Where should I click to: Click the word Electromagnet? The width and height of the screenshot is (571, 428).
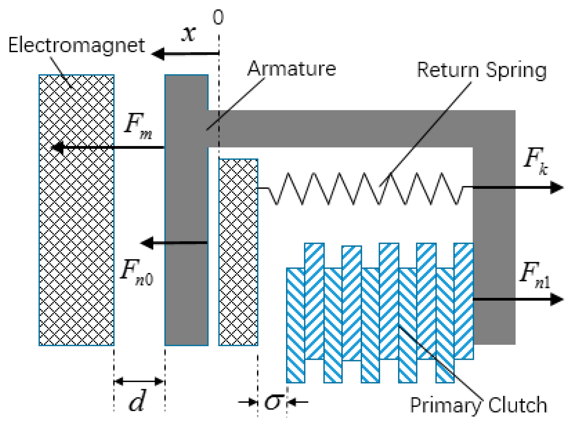[76, 45]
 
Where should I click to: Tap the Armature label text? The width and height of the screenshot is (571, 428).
[292, 69]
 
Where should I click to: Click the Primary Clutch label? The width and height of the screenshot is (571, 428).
[478, 405]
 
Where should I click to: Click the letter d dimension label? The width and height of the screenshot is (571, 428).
[137, 401]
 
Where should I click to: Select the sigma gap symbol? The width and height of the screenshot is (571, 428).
[273, 401]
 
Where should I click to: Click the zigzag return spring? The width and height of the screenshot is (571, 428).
[364, 188]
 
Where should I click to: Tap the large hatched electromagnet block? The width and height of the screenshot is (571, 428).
[76, 210]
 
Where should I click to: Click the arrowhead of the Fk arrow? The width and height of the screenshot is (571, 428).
[557, 188]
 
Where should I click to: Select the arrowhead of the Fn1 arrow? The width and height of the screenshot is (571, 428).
[557, 300]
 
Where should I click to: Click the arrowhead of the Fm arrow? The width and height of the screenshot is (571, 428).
[57, 147]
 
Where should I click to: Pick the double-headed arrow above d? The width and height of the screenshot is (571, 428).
[139, 381]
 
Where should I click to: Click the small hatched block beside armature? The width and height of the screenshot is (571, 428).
[238, 252]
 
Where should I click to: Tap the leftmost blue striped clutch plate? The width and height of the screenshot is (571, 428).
[295, 325]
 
